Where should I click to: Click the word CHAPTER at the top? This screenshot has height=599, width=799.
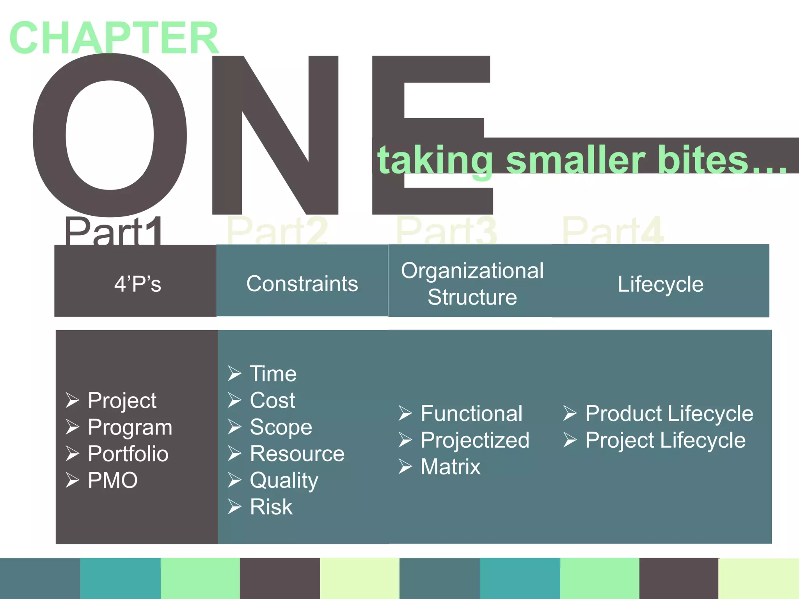[x=114, y=38]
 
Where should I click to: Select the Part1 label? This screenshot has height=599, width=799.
[x=113, y=232]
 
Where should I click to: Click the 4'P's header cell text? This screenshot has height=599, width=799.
[x=137, y=284]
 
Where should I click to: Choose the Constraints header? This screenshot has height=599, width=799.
[x=302, y=284]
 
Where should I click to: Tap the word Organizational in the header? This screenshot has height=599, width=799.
[x=472, y=270]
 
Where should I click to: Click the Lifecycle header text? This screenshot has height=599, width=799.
[x=660, y=284]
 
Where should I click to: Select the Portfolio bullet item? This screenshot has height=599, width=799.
[x=128, y=454]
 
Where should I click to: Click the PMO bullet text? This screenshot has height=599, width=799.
[x=113, y=480]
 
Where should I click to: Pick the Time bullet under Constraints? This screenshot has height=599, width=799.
[x=273, y=374]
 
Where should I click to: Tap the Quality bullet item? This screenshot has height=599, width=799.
[x=284, y=480]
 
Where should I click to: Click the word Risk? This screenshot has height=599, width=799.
[x=271, y=507]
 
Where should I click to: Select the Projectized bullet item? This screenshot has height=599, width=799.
[x=475, y=440]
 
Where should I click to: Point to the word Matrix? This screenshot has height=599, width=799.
[x=450, y=467]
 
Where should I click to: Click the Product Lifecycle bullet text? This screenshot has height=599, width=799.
[x=669, y=413]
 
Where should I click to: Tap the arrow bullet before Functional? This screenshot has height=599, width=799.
[x=405, y=413]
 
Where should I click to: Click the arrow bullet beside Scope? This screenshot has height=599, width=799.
[x=234, y=427]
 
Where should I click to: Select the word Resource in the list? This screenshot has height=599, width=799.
[x=297, y=454]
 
